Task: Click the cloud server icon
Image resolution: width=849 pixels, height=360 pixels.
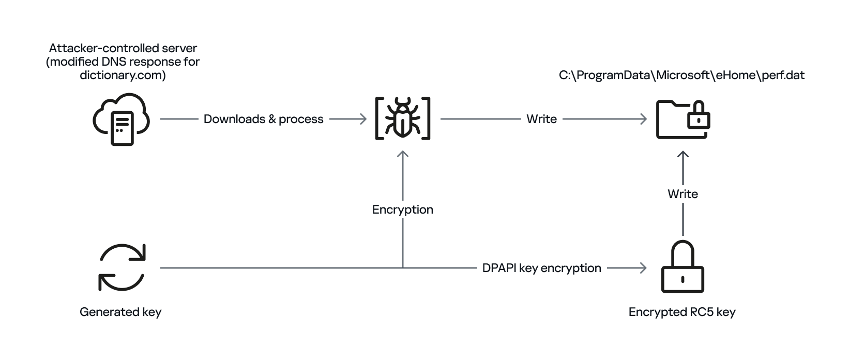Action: (121, 119)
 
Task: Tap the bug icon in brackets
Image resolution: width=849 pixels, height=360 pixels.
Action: (403, 119)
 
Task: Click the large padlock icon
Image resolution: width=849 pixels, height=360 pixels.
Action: (683, 267)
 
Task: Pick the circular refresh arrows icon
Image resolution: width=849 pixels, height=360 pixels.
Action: (122, 267)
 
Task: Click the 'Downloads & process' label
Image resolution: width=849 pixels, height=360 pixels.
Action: (263, 119)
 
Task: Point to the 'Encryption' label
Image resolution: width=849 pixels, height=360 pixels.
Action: (402, 209)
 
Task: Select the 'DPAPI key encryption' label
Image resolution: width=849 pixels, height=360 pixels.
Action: (541, 268)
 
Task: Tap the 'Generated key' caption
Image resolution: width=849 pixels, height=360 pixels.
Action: (120, 312)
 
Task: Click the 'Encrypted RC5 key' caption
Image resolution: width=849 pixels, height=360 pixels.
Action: (682, 312)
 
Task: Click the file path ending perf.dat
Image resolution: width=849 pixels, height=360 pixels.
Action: (681, 75)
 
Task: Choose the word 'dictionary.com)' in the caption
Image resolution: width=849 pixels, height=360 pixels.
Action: (123, 75)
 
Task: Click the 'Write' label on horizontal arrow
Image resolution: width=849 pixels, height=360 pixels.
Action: (541, 119)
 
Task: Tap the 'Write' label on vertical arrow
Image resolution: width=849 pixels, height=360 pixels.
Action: (683, 194)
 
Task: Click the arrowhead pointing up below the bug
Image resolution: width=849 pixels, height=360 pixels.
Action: (403, 154)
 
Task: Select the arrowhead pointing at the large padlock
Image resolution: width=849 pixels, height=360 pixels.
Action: (643, 268)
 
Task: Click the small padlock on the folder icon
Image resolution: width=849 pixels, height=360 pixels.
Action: (698, 117)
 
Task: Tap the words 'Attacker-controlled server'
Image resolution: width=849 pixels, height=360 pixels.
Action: (123, 48)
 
